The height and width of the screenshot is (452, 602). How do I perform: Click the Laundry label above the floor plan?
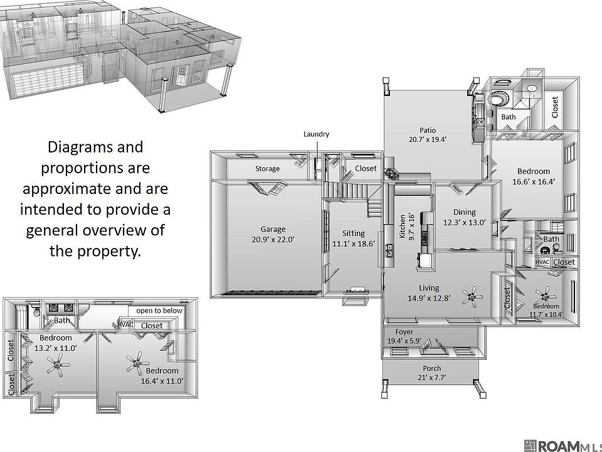316,134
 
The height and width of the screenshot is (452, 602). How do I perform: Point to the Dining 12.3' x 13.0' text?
465,217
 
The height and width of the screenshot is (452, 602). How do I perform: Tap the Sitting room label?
354,233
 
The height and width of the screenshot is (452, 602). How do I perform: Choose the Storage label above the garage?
267,169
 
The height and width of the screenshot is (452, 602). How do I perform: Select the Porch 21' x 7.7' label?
431,372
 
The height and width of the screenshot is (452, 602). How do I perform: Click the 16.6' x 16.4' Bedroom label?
534,176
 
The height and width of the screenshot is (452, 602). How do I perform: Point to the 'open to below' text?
159,310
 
